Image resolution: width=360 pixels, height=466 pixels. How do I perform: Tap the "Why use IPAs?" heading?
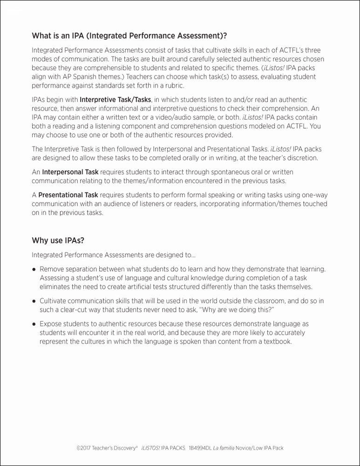pyautogui.click(x=58, y=240)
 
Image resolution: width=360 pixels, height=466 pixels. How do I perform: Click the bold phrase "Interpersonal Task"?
pyautogui.click(x=70, y=172)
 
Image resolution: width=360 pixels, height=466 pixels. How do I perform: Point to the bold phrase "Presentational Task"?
pyautogui.click(x=68, y=194)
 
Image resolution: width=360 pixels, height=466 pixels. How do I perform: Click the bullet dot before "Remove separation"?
pyautogui.click(x=34, y=269)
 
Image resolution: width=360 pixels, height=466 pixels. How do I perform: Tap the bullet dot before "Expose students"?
pyautogui.click(x=34, y=324)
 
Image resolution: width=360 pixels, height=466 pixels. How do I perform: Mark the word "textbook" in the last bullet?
pyautogui.click(x=276, y=341)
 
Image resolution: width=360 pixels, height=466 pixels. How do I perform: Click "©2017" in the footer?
pyautogui.click(x=84, y=448)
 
